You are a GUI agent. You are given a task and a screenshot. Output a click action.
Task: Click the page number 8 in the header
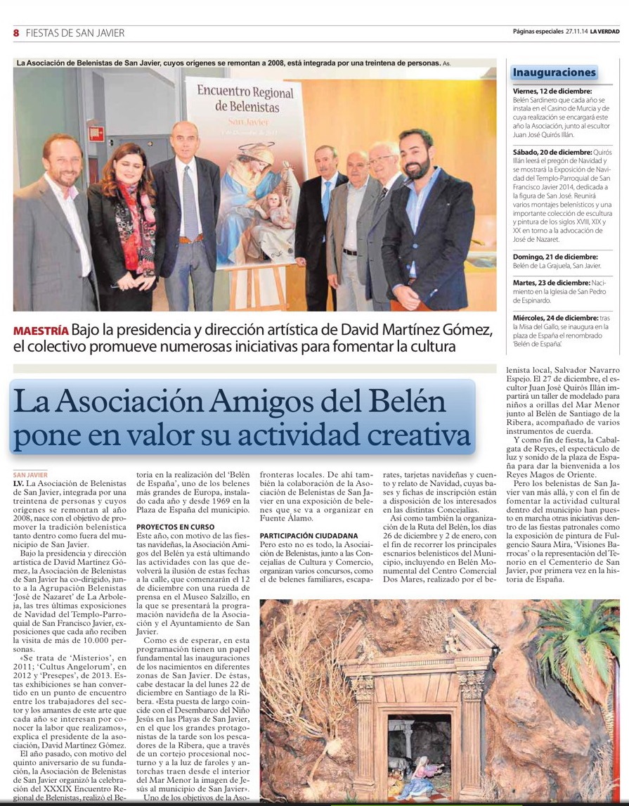point(15,32)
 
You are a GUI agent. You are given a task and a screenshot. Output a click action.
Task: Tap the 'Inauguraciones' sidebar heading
point(554,72)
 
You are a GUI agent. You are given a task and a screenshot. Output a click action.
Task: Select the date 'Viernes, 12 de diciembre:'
point(552,91)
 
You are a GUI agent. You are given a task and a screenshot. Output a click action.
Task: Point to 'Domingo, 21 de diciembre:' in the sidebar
point(555,257)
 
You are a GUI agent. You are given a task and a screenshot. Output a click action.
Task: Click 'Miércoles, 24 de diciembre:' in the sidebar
point(558,317)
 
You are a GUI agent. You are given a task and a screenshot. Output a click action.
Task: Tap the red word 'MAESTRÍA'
point(41,331)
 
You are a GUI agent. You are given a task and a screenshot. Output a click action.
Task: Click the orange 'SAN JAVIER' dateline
point(30,475)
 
